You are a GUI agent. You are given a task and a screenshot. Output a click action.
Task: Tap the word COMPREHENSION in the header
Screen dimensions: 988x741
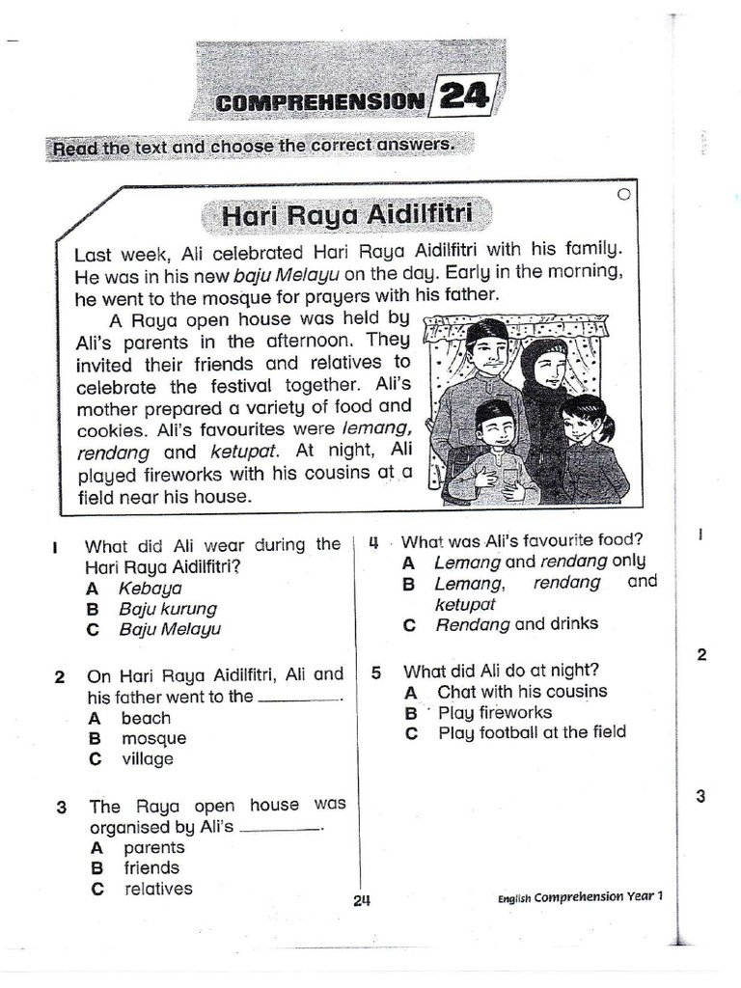click(319, 100)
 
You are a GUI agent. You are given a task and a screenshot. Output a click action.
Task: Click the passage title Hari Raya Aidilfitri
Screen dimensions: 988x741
click(343, 214)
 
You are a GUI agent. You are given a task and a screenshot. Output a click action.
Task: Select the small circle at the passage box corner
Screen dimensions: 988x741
click(622, 195)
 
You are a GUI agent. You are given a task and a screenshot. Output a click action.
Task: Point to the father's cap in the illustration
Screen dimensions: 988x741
click(487, 331)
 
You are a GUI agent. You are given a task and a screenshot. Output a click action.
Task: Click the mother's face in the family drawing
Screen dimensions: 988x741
click(548, 369)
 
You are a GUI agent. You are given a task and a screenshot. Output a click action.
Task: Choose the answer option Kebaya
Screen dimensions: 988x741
click(150, 588)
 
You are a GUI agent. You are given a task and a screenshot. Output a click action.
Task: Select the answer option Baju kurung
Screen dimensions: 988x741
click(168, 609)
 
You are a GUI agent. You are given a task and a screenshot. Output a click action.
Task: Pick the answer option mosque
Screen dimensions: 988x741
click(153, 738)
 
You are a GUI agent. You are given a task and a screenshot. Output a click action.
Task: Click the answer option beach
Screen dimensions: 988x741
click(146, 718)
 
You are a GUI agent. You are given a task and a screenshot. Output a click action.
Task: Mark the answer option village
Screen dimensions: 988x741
click(148, 759)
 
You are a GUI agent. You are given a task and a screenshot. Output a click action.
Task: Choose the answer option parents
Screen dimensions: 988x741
click(153, 847)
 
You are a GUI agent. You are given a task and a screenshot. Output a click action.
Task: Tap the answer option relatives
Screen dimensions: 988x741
click(158, 889)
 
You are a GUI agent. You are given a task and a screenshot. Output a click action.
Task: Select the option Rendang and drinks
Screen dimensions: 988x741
click(516, 624)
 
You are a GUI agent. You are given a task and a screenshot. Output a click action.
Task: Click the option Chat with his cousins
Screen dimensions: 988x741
click(522, 691)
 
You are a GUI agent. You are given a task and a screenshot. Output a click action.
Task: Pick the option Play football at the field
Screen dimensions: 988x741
click(532, 732)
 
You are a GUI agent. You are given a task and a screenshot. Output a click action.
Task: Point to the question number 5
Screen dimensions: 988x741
click(376, 671)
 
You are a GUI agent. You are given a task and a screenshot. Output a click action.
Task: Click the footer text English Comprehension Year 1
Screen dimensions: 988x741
click(581, 896)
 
